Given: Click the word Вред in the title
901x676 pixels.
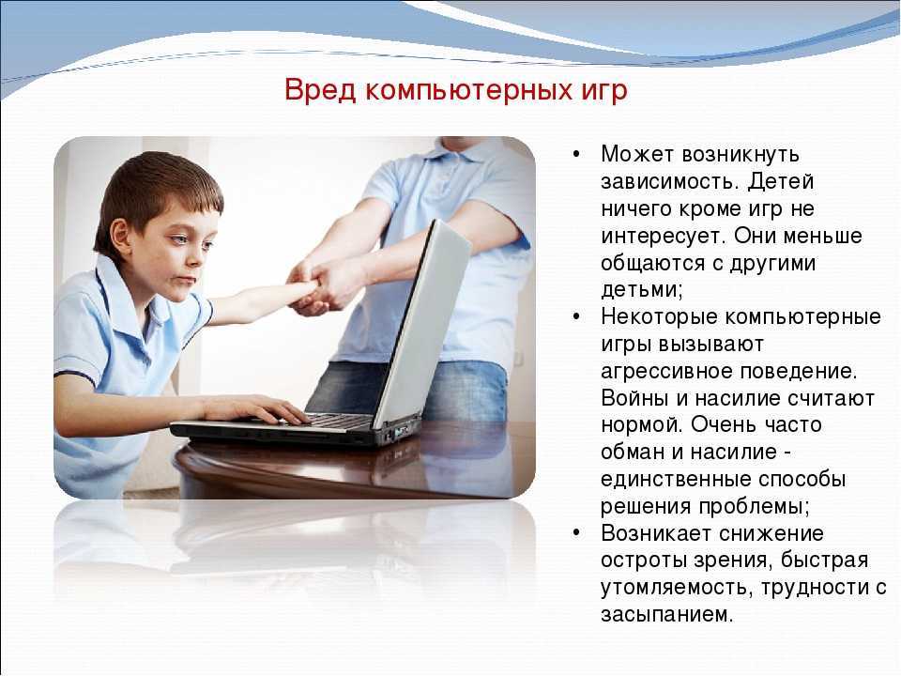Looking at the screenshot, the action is (x=320, y=90).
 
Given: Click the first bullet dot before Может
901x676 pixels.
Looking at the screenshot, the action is (x=576, y=154).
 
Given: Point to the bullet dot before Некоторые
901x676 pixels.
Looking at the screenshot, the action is (x=576, y=316).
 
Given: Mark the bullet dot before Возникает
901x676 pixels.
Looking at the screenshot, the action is (x=576, y=533).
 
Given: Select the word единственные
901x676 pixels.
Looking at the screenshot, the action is (x=675, y=480).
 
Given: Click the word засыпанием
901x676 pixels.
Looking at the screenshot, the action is (x=666, y=614).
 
